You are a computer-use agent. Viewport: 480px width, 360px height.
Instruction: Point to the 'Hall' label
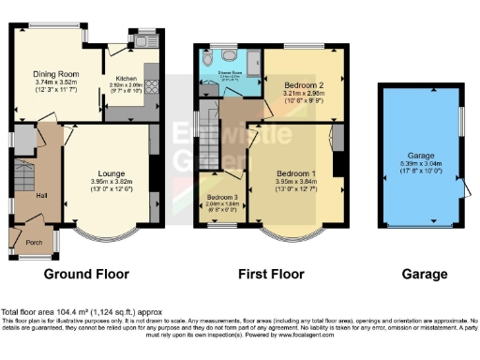(x=28, y=195)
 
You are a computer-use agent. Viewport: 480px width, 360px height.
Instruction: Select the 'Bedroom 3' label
(x=221, y=199)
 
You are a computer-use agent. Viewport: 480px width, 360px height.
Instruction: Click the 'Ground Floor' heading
(x=86, y=275)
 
